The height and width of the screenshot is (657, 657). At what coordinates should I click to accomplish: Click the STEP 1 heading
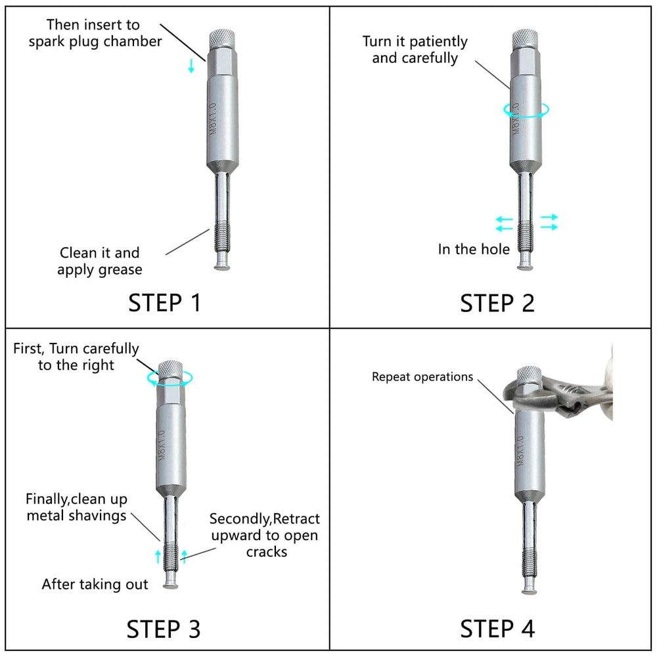click(x=164, y=303)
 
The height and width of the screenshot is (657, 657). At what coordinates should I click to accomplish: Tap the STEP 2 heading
click(x=497, y=303)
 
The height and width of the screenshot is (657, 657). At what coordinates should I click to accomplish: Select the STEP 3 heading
click(x=164, y=629)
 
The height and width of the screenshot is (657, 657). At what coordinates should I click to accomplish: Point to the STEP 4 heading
click(x=497, y=629)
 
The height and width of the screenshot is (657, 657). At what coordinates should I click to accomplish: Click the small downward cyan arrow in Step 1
click(x=191, y=66)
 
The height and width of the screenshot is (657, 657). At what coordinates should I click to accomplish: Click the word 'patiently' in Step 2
click(x=438, y=42)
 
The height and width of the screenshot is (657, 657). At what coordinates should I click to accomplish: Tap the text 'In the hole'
click(x=474, y=249)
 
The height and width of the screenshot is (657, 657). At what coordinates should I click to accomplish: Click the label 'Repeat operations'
click(x=422, y=377)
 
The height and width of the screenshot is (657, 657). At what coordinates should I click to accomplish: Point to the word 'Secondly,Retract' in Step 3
click(x=264, y=519)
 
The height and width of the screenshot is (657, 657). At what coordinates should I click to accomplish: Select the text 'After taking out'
click(x=95, y=585)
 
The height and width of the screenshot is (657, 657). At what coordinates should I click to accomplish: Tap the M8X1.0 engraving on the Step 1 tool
click(x=214, y=118)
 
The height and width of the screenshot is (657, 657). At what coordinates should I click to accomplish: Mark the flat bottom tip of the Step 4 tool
click(x=530, y=591)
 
